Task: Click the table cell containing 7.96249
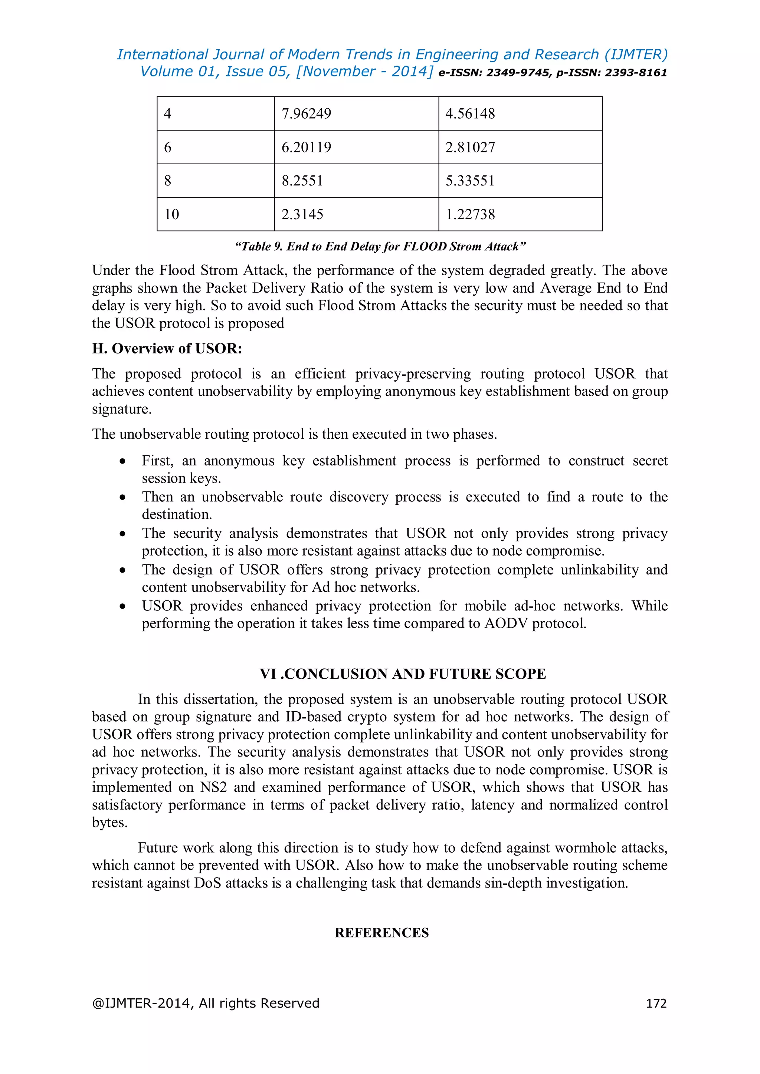pyautogui.click(x=307, y=114)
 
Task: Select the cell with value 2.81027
pyautogui.click(x=470, y=147)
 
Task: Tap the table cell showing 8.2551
pyautogui.click(x=302, y=181)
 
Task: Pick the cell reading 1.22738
pyautogui.click(x=470, y=215)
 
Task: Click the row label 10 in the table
pyautogui.click(x=172, y=215)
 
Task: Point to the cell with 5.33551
pyautogui.click(x=470, y=181)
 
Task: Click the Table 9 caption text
pyautogui.click(x=380, y=247)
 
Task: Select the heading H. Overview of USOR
pyautogui.click(x=167, y=349)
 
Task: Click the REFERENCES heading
pyautogui.click(x=381, y=933)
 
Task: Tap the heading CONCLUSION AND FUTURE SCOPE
pyautogui.click(x=415, y=674)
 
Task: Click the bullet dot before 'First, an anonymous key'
pyautogui.click(x=122, y=461)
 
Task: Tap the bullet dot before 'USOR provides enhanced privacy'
pyautogui.click(x=122, y=606)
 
